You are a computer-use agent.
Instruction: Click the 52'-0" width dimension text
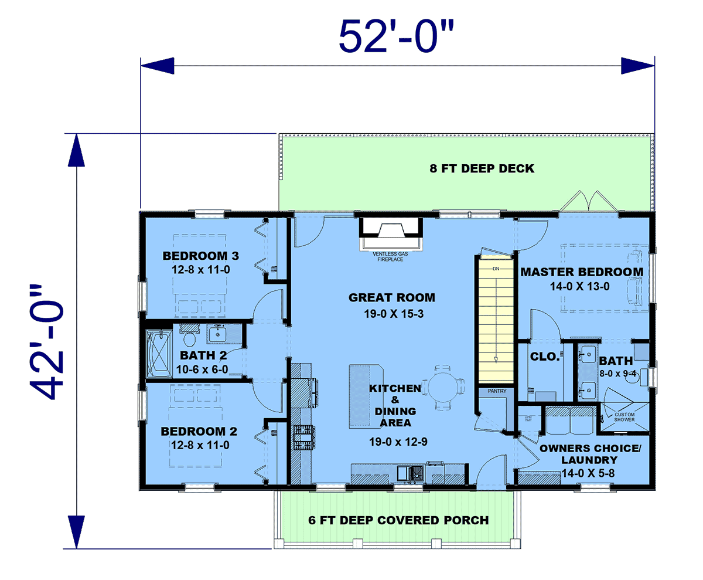[396, 36]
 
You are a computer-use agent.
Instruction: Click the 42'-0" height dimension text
[46, 342]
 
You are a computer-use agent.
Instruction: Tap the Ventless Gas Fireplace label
[390, 256]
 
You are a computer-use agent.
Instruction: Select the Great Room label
[391, 297]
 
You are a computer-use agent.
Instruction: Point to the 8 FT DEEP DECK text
[482, 168]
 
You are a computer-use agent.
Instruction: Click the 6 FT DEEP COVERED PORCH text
[398, 520]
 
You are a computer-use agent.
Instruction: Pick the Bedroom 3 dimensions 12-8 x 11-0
[201, 270]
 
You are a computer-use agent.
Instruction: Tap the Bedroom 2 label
[199, 432]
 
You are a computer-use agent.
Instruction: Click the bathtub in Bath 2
[159, 354]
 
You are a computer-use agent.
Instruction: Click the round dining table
[443, 386]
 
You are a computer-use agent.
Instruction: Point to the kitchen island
[366, 396]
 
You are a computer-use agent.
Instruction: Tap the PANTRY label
[497, 391]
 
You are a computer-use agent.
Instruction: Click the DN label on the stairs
[496, 269]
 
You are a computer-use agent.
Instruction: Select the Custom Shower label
[624, 417]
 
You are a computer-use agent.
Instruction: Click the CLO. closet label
[545, 357]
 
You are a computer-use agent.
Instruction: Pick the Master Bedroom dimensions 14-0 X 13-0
[580, 286]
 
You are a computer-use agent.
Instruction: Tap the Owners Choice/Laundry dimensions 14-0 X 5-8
[588, 473]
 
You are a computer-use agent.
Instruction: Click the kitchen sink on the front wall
[411, 473]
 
